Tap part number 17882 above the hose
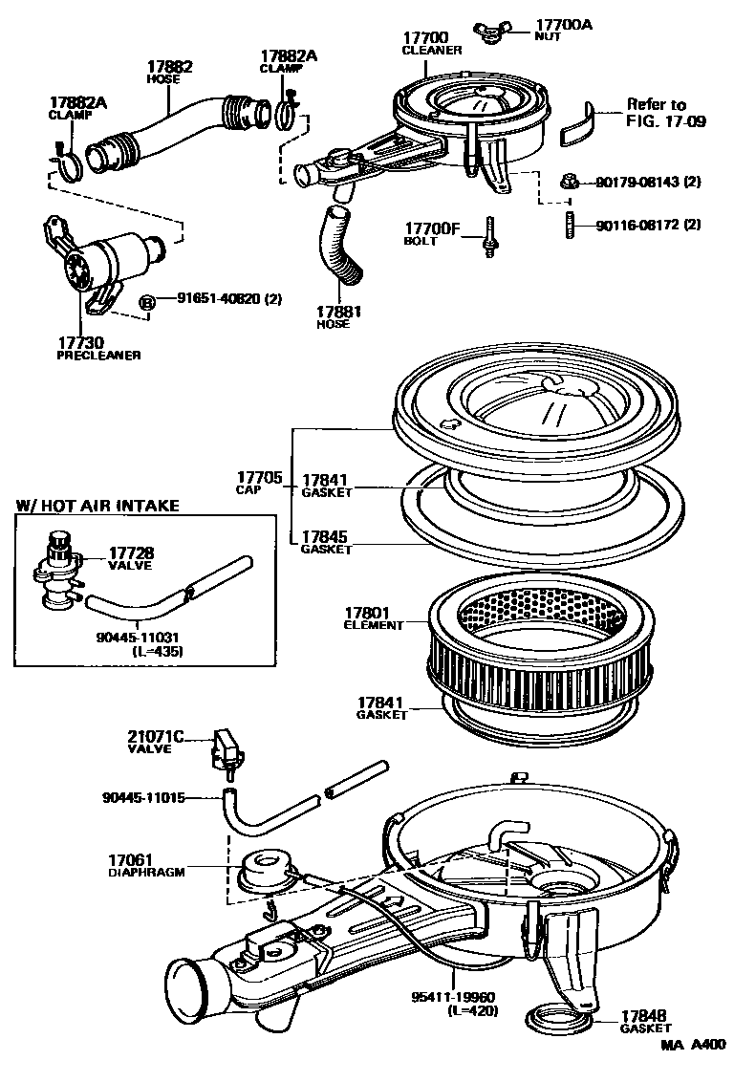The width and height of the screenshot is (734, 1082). pos(170,67)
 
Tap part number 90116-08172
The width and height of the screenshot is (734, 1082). pos(647,226)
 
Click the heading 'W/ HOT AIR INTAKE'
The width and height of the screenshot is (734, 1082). pos(98,506)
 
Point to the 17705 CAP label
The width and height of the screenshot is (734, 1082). pos(255,481)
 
